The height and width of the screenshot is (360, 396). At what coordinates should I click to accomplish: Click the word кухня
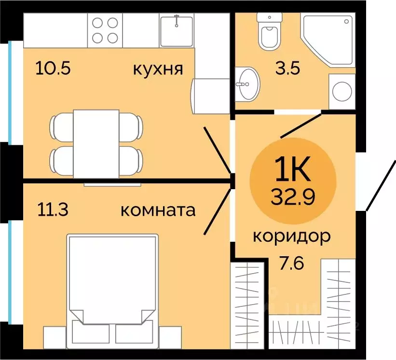pos(158,69)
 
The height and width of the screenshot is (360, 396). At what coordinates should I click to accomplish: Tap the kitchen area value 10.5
pos(53,69)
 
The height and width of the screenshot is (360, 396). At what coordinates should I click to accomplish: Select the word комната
pos(158,210)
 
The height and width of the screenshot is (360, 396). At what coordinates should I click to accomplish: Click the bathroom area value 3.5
pos(287,68)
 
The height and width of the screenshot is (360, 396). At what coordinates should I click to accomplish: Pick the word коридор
pos(292,236)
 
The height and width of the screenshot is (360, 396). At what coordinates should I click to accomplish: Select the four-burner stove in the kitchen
pos(106,30)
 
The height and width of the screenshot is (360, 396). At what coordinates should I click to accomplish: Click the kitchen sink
pos(177,30)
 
